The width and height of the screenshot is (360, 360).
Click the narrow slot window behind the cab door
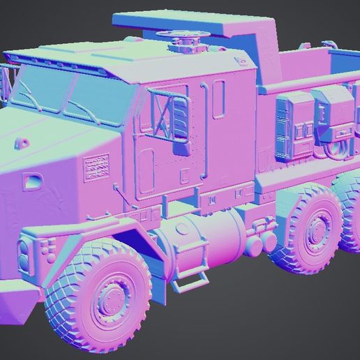point(219,98)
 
